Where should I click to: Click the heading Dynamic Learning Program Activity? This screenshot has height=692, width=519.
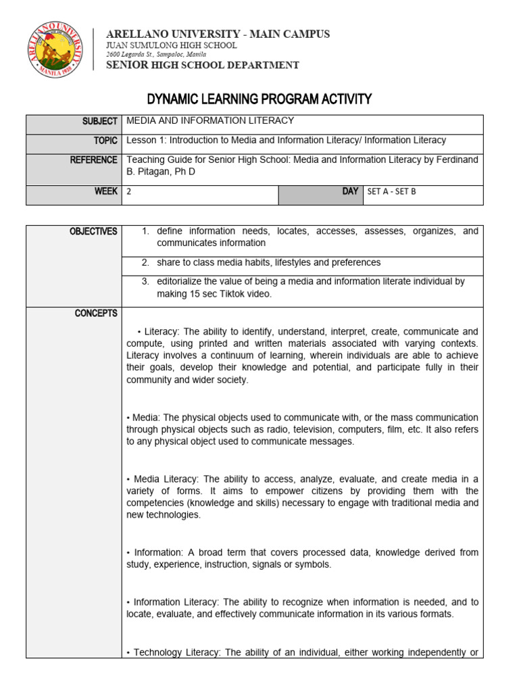click(259, 99)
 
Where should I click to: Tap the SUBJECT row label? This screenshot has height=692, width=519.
click(100, 121)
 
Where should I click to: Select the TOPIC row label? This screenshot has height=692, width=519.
click(105, 141)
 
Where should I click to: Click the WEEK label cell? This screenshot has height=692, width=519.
click(106, 191)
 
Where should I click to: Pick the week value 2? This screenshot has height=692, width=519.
click(129, 191)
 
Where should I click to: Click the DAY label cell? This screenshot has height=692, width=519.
click(350, 191)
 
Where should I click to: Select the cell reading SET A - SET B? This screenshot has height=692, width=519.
click(392, 191)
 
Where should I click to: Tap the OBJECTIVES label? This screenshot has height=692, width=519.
click(93, 231)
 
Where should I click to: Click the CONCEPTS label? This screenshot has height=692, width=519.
click(96, 314)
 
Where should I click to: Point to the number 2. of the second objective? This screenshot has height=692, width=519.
click(145, 262)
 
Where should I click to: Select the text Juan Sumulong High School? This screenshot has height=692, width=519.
click(173, 45)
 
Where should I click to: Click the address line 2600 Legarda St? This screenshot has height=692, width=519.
click(157, 54)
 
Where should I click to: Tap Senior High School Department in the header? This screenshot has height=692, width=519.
click(202, 65)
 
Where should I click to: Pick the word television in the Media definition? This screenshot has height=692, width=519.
click(312, 429)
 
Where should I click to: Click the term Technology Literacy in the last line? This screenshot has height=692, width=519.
click(177, 652)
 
